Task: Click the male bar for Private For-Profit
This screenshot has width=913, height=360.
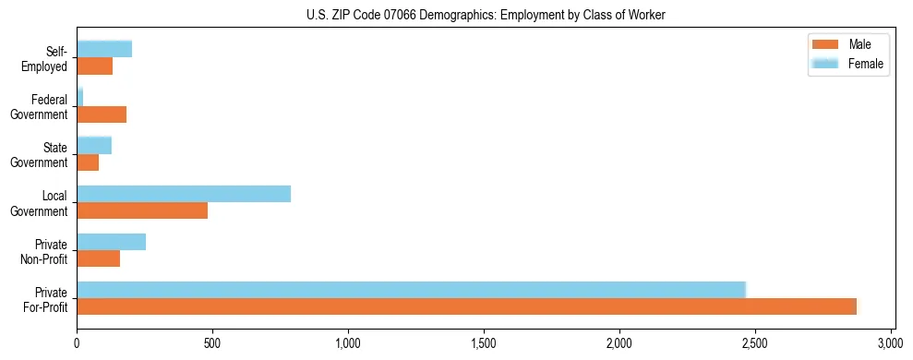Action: coord(466,306)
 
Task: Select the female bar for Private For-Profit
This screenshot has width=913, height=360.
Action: coord(411,290)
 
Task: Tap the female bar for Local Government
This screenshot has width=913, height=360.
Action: coord(184,194)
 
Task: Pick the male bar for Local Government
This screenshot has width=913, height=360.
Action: coord(142,210)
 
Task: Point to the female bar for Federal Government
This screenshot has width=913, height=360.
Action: coord(80,98)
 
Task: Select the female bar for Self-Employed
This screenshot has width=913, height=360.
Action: coord(104,50)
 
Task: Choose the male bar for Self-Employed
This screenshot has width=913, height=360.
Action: coord(94,66)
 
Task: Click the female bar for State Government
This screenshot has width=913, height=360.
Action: coord(94,146)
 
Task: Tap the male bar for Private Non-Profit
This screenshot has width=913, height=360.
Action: coord(98,258)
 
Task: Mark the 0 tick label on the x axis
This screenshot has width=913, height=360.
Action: coord(77,342)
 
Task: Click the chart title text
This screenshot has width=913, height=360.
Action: coord(485,15)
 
